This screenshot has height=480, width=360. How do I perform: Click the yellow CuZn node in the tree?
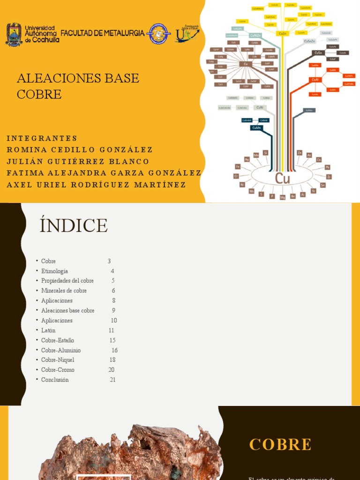pyautogui.click(x=282, y=34)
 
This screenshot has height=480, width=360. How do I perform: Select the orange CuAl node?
pyautogui.click(x=315, y=80)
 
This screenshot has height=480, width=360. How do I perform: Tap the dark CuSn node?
pyautogui.click(x=318, y=53)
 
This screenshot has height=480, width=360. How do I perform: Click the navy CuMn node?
pyautogui.click(x=256, y=127)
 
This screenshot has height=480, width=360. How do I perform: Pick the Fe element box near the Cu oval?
pyautogui.click(x=238, y=166)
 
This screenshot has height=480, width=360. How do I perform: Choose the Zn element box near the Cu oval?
pyautogui.click(x=300, y=153)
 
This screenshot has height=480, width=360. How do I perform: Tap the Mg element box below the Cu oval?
pyautogui.click(x=283, y=197)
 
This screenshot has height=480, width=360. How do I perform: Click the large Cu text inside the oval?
pyautogui.click(x=283, y=178)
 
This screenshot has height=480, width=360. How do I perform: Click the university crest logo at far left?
pyautogui.click(x=14, y=34)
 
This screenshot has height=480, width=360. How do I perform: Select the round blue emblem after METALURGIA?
pyautogui.click(x=158, y=34)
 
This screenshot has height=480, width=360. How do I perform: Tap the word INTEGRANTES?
pyautogui.click(x=42, y=138)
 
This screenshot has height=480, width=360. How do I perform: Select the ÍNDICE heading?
pyautogui.click(x=74, y=225)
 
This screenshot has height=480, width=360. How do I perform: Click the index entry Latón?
pyautogui.click(x=48, y=330)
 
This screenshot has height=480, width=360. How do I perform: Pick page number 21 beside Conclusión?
pyautogui.click(x=112, y=380)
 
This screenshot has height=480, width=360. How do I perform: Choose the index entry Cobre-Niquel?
pyautogui.click(x=58, y=360)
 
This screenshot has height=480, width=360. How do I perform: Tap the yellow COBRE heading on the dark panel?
pyautogui.click(x=280, y=444)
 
